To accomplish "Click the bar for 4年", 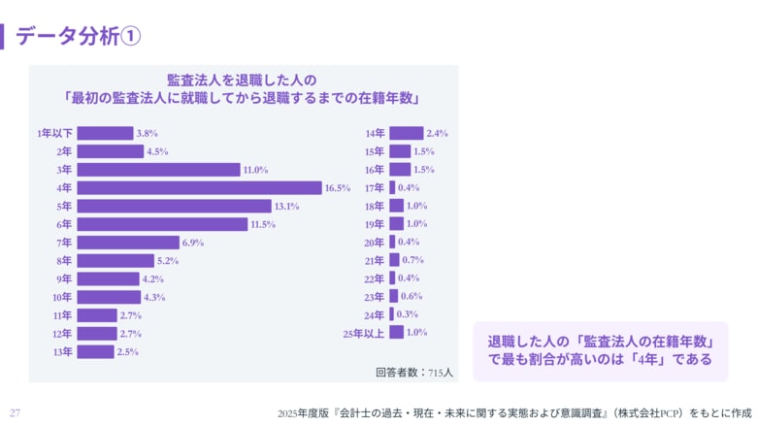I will point(199,187).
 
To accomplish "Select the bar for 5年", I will point(174,206).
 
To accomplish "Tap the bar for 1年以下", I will point(105,133).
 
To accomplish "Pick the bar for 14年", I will point(406,133).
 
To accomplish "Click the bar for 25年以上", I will point(396,333).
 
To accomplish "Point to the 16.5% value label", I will point(338,188).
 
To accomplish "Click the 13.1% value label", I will point(286,207).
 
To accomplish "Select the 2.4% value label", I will point(437,133).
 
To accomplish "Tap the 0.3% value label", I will point(408,314).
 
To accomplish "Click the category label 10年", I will point(62,297).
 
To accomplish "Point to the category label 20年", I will point(375,243).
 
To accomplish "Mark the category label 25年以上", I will point(363,333).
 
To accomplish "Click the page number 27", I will point(15,412).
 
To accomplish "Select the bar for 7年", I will point(128,243).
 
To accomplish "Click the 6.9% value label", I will point(193,243).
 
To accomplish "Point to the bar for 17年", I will point(392,187).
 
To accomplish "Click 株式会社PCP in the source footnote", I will point(651,412).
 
